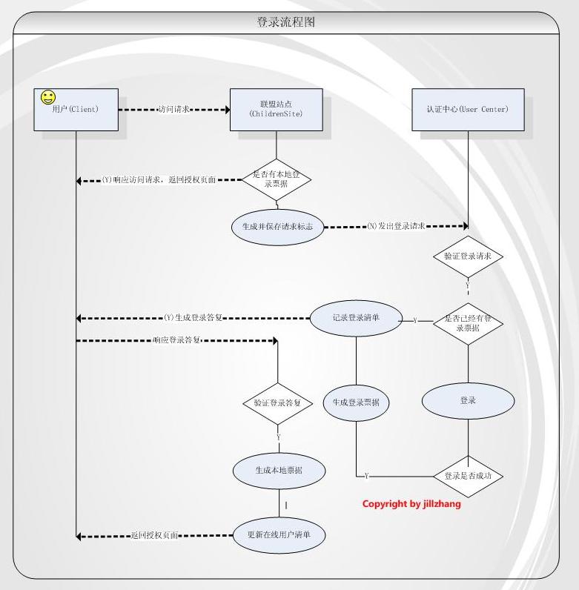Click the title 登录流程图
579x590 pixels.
(x=286, y=22)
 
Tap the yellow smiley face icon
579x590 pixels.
(x=47, y=97)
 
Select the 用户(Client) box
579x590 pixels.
(x=76, y=110)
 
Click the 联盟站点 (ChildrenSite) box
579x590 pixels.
(x=276, y=110)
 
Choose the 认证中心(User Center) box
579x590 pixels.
(x=468, y=110)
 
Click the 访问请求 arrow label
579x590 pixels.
(x=174, y=109)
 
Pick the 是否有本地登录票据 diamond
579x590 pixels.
(x=276, y=179)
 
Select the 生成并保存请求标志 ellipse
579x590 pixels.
(x=277, y=227)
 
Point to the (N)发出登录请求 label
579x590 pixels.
(x=396, y=226)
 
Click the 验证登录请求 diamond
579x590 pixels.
(x=468, y=256)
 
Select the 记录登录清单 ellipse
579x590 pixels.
(x=357, y=316)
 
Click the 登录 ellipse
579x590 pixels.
(x=468, y=401)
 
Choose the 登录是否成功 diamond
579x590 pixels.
(x=468, y=476)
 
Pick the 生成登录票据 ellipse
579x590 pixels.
(x=357, y=402)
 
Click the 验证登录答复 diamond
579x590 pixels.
(x=277, y=403)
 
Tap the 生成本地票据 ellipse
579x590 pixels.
(x=278, y=470)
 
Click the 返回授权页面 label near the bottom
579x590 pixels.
(x=154, y=535)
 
